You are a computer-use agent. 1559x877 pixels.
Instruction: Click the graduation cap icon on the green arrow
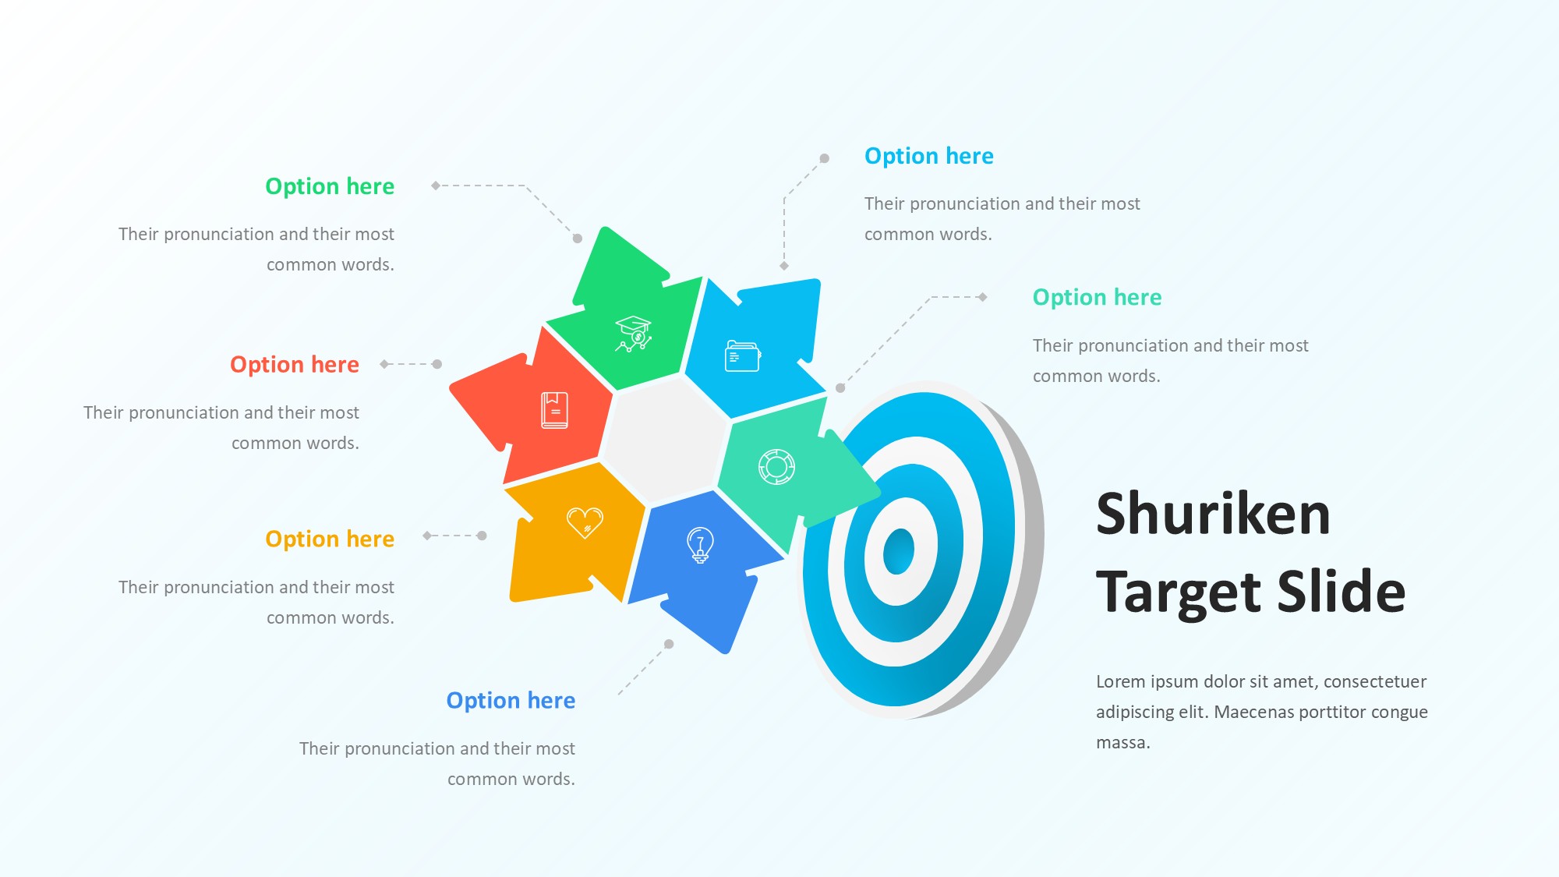[x=633, y=334]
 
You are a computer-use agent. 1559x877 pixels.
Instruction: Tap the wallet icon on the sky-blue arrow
[x=743, y=356]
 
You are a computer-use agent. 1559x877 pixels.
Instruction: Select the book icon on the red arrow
[x=555, y=410]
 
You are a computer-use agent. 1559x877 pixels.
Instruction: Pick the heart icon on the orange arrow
[x=585, y=523]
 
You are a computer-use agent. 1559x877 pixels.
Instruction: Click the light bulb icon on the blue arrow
[x=700, y=545]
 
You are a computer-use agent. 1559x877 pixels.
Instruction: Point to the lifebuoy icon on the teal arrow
[x=776, y=467]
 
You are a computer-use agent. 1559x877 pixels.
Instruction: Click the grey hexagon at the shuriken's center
[x=666, y=440]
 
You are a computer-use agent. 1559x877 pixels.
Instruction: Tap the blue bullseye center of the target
[x=899, y=550]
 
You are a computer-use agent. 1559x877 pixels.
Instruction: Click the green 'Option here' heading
[x=330, y=186]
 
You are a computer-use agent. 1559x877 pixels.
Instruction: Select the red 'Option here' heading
[x=295, y=365]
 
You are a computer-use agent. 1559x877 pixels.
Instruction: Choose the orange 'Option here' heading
[x=330, y=539]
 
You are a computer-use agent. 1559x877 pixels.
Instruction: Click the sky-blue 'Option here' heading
[x=929, y=156]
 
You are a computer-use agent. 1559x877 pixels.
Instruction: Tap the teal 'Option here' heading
[x=1097, y=297]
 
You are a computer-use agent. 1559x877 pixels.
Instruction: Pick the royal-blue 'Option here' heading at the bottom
[x=511, y=700]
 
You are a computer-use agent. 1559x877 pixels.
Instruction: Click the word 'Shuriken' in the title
[x=1213, y=514]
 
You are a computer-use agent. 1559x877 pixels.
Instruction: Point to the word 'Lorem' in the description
[x=1121, y=681]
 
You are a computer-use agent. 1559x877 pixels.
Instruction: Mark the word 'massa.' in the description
[x=1123, y=743]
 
